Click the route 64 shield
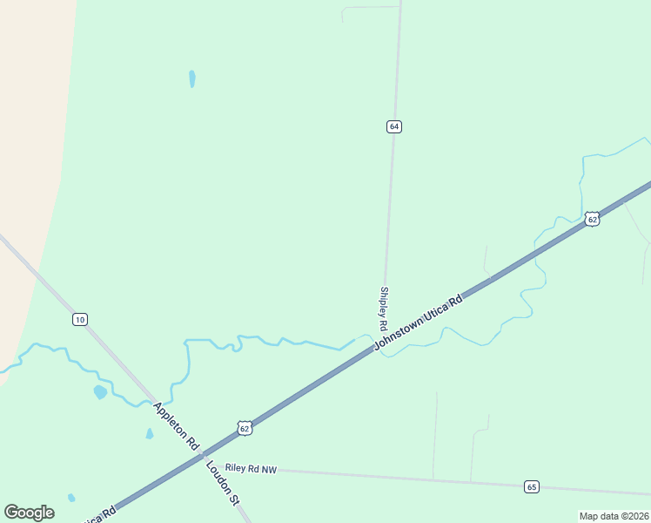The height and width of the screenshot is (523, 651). point(394,126)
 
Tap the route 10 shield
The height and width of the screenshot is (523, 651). point(80,319)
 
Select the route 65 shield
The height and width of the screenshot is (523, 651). point(532,486)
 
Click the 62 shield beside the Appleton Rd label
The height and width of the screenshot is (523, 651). point(245,427)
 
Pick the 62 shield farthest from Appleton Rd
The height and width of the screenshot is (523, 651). point(592,219)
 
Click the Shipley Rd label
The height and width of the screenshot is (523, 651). point(383,308)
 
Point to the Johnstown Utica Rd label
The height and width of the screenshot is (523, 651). point(419,322)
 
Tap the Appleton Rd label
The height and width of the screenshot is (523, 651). point(177,425)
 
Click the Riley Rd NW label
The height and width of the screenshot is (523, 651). point(250,469)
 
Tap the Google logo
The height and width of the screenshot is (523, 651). point(29,513)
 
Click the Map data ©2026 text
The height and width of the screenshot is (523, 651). point(614,516)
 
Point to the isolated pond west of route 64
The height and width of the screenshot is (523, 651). point(191,78)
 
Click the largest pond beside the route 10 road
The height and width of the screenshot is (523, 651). point(100,392)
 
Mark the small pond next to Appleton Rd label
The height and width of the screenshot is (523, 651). point(150,433)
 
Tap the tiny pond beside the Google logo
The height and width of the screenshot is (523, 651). point(71,498)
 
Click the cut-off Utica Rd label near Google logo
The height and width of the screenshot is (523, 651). point(97,515)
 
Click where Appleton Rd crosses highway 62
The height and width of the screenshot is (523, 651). point(202,454)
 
